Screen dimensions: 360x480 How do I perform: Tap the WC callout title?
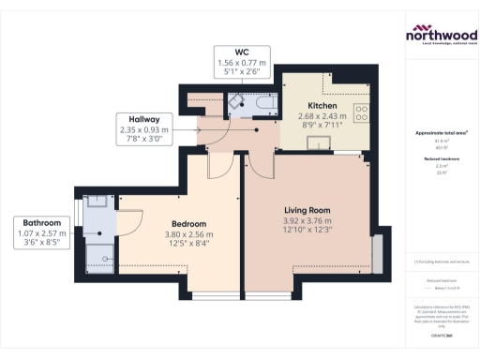pyautogui.click(x=242, y=52)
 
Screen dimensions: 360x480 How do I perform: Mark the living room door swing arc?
pyautogui.click(x=257, y=161)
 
